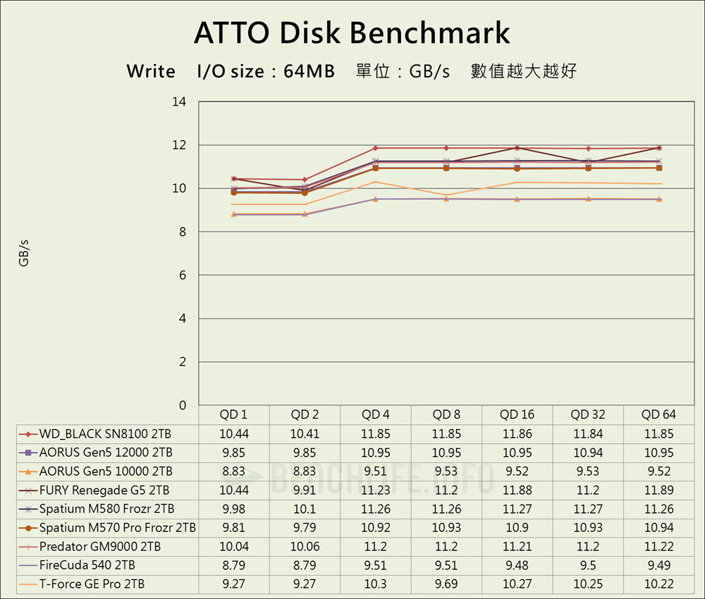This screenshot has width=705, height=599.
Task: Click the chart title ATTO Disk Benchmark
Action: pos(352,33)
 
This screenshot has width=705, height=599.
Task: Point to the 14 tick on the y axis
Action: pos(179,101)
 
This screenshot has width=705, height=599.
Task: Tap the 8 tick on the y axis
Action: pos(182,232)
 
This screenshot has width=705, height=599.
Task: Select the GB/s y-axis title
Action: pos(24,253)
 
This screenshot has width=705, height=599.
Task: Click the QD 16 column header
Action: pos(517,414)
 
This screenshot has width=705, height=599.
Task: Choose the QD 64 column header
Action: pos(659,414)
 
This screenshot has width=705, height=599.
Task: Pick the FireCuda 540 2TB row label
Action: pos(87,564)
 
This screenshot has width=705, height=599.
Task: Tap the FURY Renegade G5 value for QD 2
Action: pos(305,490)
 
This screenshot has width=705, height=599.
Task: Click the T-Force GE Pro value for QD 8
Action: pos(446,583)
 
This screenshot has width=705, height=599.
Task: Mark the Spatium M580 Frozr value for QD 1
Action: pos(234,509)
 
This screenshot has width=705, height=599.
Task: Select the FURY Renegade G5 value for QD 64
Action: pos(659,490)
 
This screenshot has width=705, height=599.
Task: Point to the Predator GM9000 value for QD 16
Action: pos(517,546)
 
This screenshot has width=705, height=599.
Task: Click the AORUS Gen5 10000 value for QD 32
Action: pos(589,471)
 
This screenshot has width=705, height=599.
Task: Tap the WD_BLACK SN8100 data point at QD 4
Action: pos(376,148)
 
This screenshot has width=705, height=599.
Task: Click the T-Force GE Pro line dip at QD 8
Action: pos(446,195)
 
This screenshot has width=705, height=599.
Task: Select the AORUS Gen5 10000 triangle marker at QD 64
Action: pos(659,199)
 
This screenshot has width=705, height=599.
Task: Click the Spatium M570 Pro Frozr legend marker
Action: pos(27,528)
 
